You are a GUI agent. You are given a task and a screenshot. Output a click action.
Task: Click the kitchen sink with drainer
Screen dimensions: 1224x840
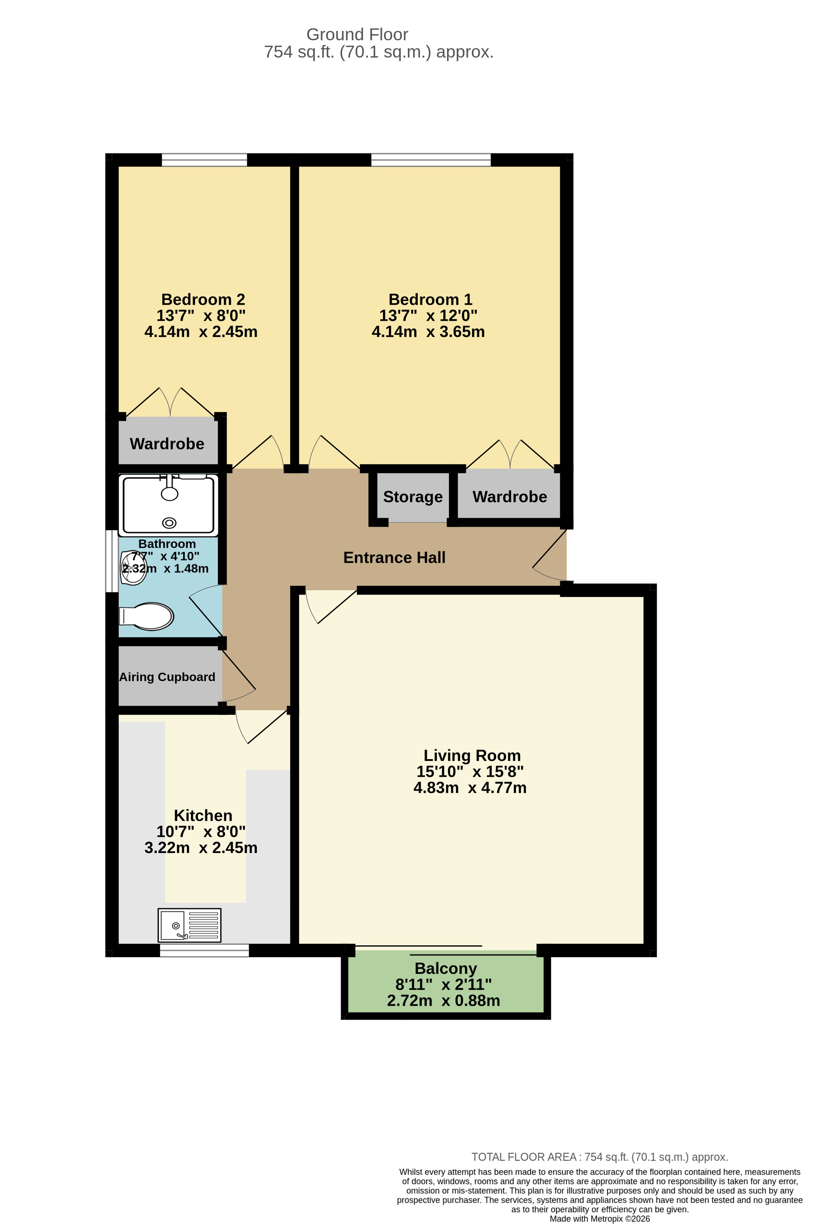click(x=189, y=926)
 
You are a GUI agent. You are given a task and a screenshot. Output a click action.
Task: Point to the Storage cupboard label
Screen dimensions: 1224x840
click(x=412, y=497)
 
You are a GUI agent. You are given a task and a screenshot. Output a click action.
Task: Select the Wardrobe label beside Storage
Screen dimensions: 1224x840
click(x=509, y=497)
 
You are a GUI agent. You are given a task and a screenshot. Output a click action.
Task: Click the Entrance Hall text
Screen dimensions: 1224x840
click(x=394, y=557)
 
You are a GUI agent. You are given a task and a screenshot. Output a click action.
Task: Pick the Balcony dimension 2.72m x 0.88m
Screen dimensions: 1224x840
click(x=443, y=1000)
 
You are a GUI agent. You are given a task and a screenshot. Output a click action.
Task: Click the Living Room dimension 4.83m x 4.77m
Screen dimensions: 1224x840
click(x=470, y=787)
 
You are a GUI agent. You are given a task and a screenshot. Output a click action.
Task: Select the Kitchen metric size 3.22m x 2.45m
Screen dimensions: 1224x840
click(x=201, y=848)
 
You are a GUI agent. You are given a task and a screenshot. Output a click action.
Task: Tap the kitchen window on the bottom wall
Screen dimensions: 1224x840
click(x=204, y=950)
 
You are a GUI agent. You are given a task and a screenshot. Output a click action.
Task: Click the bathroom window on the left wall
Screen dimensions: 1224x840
click(x=111, y=561)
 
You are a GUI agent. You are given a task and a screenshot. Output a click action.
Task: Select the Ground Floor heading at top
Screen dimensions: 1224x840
click(x=357, y=34)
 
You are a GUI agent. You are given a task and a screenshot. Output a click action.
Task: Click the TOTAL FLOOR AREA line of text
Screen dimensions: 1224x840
click(x=599, y=1157)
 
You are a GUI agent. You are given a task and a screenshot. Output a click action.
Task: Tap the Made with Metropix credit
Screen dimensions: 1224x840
click(x=599, y=1219)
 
